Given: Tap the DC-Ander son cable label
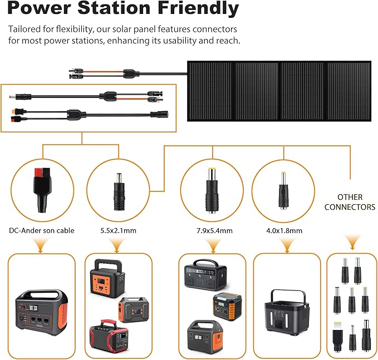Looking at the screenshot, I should (41, 230).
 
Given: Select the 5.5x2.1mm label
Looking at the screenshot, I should (117, 230).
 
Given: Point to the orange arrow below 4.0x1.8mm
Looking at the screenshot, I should (286, 245).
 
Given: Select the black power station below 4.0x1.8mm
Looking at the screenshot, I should (287, 315).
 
